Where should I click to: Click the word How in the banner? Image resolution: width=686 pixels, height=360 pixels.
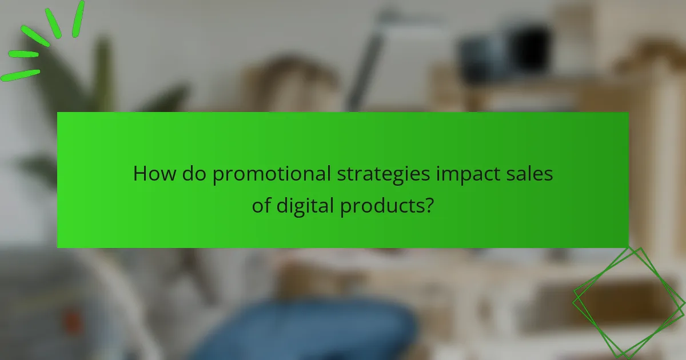(x=155, y=174)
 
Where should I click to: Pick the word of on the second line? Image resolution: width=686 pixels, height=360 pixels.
(x=261, y=205)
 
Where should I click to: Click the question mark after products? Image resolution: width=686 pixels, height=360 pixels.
(x=428, y=205)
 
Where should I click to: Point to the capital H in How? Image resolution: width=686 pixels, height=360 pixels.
(x=141, y=174)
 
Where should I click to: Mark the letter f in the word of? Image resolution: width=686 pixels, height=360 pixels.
(x=268, y=205)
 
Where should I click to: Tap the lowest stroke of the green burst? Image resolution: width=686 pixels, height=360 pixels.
(x=20, y=75)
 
